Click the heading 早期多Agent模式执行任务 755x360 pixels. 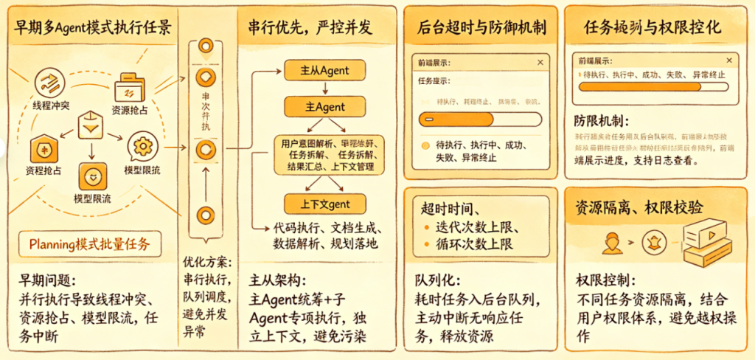[92, 29]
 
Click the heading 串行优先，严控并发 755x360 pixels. [310, 29]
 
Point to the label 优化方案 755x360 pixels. [207, 263]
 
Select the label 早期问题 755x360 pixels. [45, 280]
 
